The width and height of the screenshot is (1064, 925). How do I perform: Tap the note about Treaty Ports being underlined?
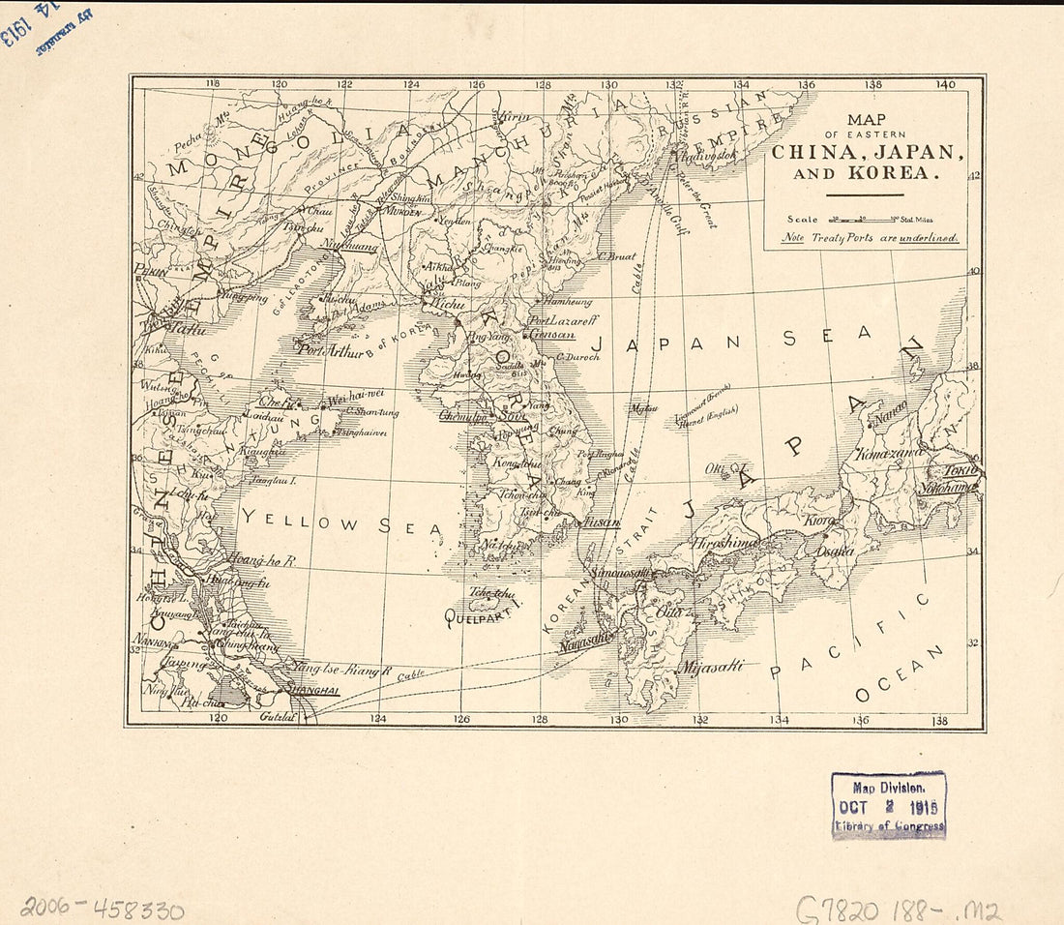point(871,237)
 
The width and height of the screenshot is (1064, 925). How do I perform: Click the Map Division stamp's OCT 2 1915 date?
point(888,806)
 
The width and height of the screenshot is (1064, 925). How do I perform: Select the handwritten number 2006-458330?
point(102,908)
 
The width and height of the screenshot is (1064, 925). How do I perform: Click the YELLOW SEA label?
point(340,523)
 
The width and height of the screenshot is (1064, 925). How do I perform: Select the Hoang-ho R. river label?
point(261,559)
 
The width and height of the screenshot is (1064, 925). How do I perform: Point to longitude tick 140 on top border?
point(944,84)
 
